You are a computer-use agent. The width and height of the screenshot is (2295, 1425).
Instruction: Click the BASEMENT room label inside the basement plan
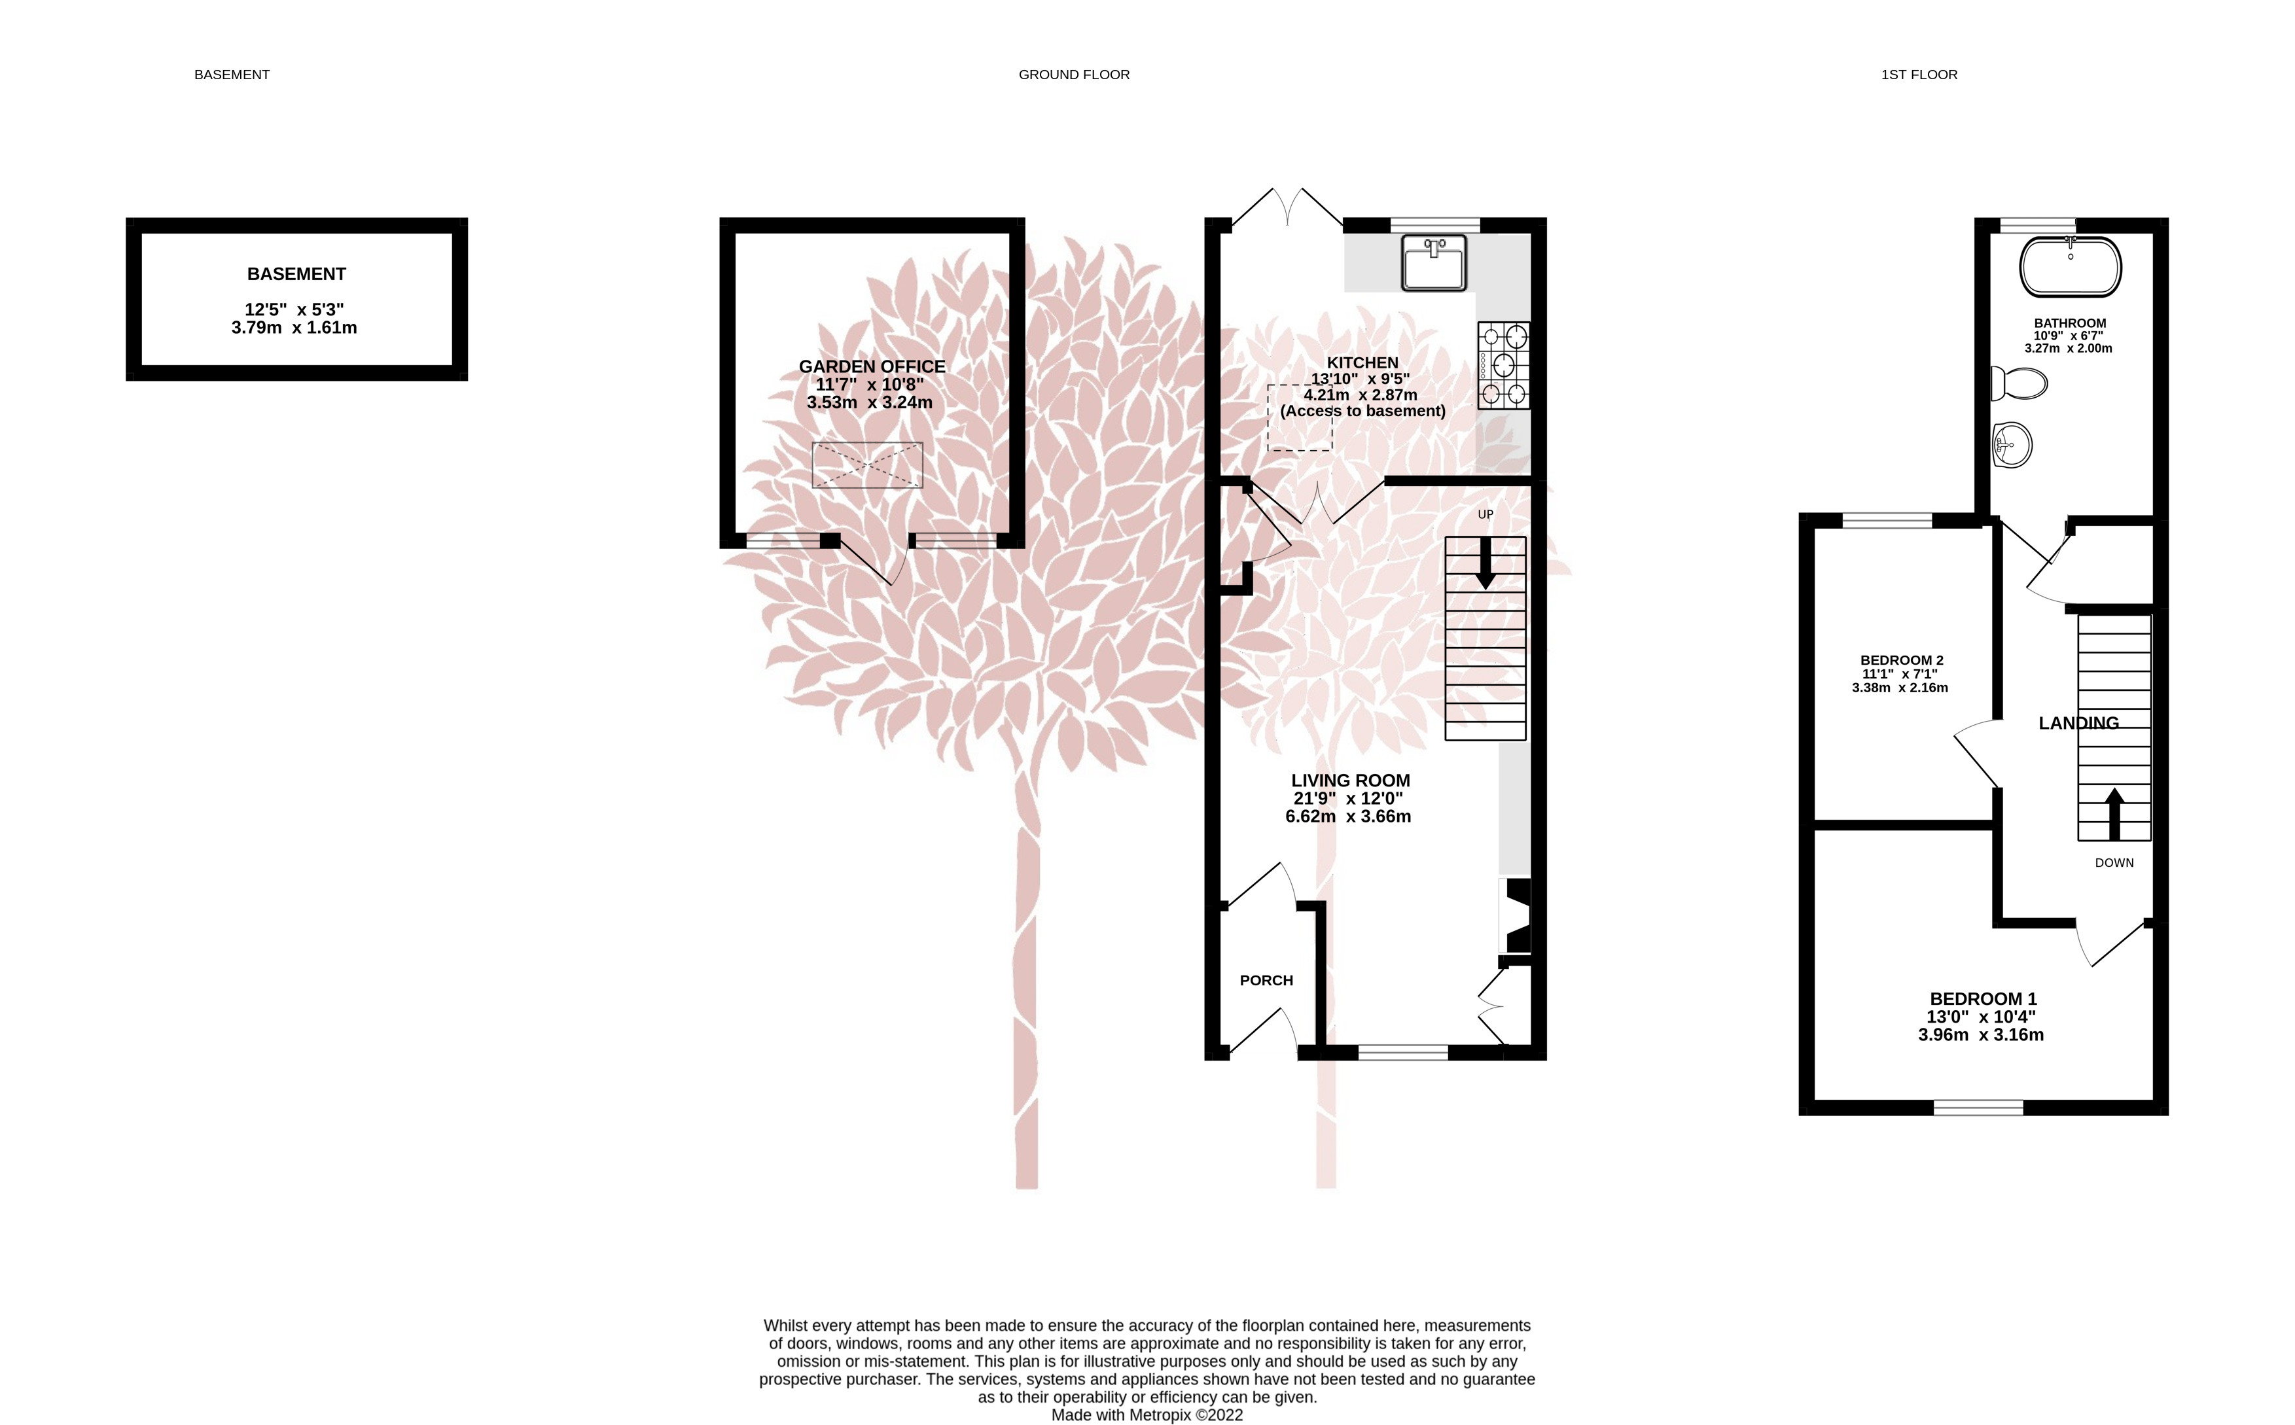[x=296, y=274]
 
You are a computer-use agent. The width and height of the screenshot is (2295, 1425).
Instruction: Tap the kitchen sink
[x=1434, y=263]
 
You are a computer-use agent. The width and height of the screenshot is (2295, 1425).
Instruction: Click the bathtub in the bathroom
[x=2070, y=267]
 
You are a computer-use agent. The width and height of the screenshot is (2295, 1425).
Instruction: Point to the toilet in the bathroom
[x=2019, y=383]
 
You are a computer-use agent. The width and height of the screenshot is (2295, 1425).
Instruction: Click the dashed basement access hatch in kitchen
[x=1299, y=417]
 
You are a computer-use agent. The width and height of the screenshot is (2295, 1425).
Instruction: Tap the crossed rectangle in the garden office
[x=867, y=465]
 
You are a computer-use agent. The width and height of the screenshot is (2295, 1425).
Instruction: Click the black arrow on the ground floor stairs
[x=1486, y=563]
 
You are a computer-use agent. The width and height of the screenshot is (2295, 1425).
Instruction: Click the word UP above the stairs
[x=1486, y=514]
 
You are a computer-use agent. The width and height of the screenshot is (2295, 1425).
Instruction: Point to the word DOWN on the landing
[x=2114, y=862]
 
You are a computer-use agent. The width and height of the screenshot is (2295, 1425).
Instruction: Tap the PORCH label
[x=1266, y=980]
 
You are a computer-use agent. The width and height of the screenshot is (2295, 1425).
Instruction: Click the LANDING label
[x=2078, y=723]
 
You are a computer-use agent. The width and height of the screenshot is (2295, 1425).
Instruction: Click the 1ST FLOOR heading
[x=1919, y=75]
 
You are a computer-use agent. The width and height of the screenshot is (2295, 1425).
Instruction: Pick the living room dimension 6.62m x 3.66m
[x=1348, y=816]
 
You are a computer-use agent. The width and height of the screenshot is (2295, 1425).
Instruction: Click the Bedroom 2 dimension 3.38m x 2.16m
[x=1899, y=688]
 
